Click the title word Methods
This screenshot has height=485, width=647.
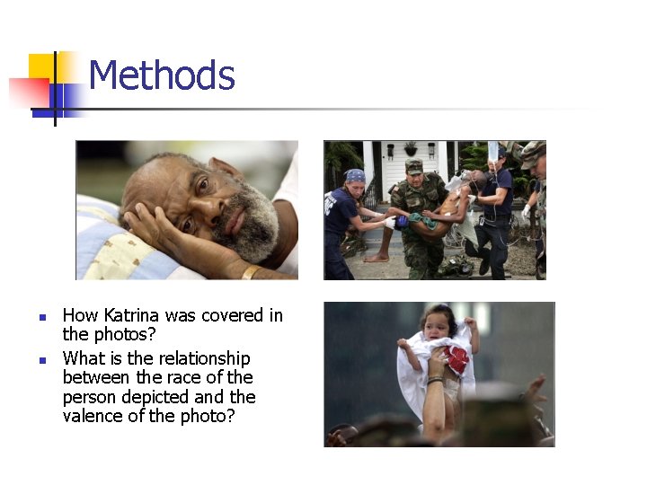tap(162, 75)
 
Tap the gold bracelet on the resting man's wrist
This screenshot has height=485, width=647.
tap(251, 270)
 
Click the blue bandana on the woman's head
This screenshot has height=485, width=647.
tap(355, 175)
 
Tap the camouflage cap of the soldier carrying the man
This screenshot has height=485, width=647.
tap(413, 165)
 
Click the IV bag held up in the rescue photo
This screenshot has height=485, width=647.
tap(493, 150)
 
